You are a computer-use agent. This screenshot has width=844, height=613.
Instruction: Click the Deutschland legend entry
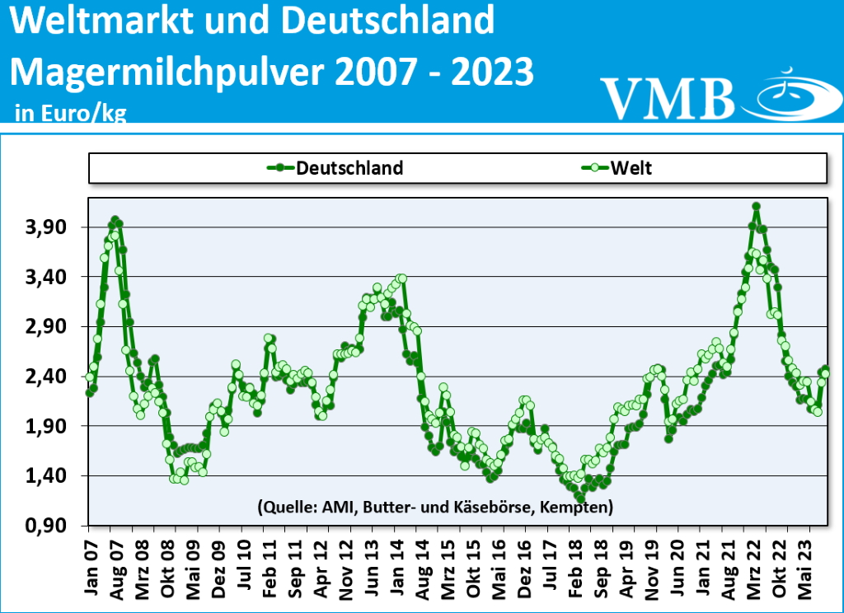click(x=335, y=168)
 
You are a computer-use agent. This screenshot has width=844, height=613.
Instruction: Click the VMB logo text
click(x=667, y=97)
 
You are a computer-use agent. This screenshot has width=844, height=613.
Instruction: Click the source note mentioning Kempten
click(x=434, y=506)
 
